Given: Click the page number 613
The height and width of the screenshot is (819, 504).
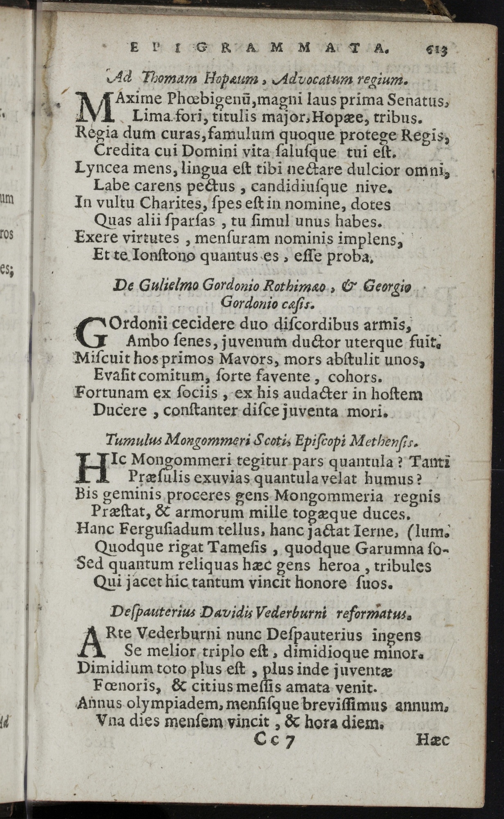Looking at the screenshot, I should [435, 50].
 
